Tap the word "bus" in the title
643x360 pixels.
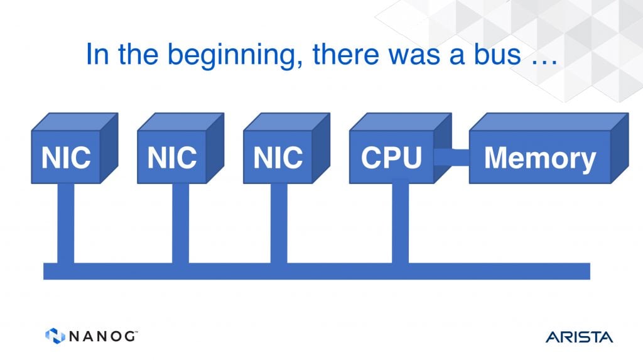pyautogui.click(x=497, y=54)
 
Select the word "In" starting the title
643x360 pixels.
pyautogui.click(x=97, y=54)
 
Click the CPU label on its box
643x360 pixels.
pyautogui.click(x=391, y=158)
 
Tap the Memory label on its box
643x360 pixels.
pyautogui.click(x=540, y=158)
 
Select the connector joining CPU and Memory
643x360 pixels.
pyautogui.click(x=451, y=157)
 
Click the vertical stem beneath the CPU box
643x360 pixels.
pyautogui.click(x=400, y=223)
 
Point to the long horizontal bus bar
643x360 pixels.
pyautogui.click(x=316, y=271)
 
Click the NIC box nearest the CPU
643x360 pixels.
pyautogui.click(x=286, y=148)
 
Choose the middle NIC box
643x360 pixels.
pyautogui.click(x=180, y=148)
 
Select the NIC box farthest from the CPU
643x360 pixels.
pyautogui.click(x=75, y=148)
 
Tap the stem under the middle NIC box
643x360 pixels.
pyautogui.click(x=180, y=223)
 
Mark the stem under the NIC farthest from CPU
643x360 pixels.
pyautogui.click(x=65, y=223)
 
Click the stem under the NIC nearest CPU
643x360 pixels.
pyautogui.click(x=279, y=223)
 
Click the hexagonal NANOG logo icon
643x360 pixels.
pyautogui.click(x=55, y=335)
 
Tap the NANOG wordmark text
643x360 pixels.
pyautogui.click(x=102, y=336)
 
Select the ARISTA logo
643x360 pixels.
pyautogui.click(x=579, y=337)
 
